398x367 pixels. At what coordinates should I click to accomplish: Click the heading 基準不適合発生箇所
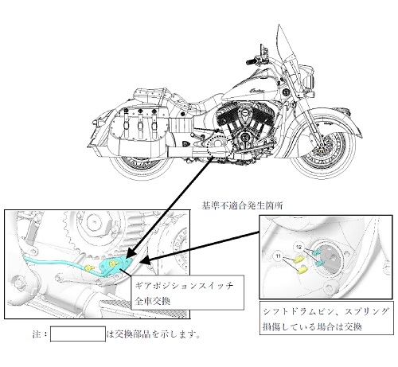(242, 205)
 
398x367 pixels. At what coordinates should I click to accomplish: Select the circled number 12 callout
(299, 248)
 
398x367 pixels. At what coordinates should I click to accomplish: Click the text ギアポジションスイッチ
(184, 286)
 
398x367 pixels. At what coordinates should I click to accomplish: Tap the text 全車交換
(152, 301)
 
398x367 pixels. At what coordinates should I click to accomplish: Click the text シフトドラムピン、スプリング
(326, 312)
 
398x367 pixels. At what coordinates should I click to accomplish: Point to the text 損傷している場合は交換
(312, 326)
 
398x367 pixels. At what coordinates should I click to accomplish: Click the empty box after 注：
(78, 334)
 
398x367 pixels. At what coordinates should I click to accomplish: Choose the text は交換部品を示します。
(154, 334)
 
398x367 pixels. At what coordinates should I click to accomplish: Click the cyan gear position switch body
(116, 264)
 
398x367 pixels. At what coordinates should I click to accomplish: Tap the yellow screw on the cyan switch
(114, 263)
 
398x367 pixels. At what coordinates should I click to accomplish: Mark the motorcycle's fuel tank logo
(257, 90)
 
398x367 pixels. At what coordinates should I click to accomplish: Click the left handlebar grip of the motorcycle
(251, 62)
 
